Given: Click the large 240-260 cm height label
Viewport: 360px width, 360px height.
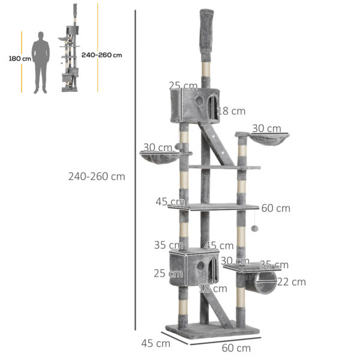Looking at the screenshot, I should point(97,177).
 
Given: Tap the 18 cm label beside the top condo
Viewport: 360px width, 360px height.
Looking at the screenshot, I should point(231,111).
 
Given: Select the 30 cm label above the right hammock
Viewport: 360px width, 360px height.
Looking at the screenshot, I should point(266,128).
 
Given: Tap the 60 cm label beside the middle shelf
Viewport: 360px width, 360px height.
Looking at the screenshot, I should point(275,208).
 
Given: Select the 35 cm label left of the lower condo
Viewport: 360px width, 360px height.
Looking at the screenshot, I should point(168,245).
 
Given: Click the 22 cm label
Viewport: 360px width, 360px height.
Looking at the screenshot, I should point(291,281).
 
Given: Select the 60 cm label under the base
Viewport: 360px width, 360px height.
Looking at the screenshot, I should point(236,348).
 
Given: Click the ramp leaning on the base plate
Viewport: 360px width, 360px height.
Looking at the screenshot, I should point(223,313).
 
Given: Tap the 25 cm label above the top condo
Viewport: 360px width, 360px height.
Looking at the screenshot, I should point(183,85).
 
